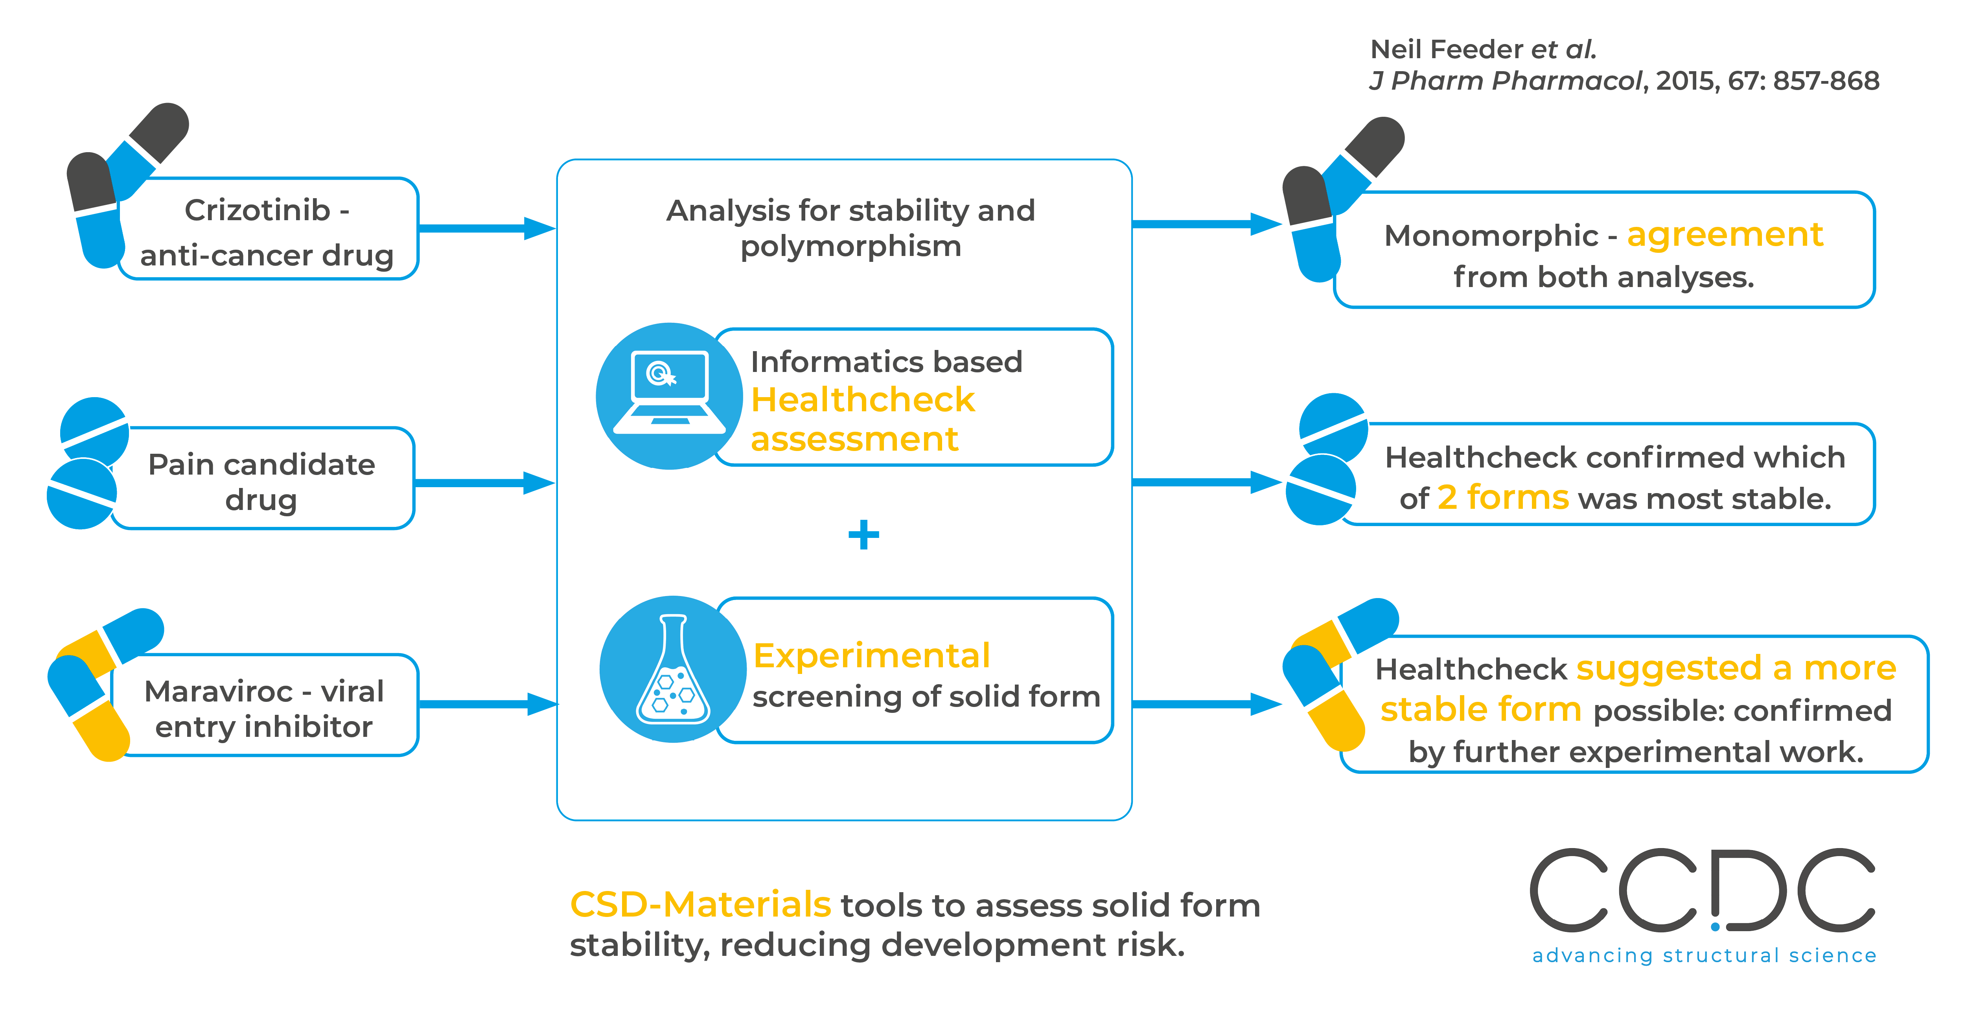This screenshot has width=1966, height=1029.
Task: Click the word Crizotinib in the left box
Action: tap(257, 211)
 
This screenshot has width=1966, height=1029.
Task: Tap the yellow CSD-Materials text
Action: tap(700, 905)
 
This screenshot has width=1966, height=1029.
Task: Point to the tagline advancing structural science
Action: tap(1703, 956)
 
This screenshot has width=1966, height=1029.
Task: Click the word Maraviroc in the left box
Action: tap(218, 692)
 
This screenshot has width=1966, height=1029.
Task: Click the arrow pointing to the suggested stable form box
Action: tap(1206, 704)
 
